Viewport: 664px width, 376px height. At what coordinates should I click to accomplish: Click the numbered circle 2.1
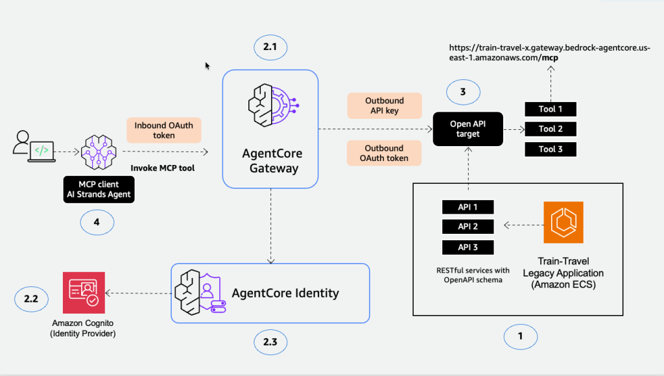point(269,47)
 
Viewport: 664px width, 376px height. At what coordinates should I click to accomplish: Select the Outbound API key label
point(385,105)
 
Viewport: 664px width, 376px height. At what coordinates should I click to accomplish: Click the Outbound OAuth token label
point(385,153)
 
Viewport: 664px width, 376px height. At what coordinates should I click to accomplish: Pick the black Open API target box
point(465,129)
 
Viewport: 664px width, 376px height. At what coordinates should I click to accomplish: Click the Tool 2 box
point(551,129)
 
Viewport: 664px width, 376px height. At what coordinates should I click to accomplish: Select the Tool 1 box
point(551,109)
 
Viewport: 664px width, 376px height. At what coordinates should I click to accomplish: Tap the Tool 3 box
point(551,149)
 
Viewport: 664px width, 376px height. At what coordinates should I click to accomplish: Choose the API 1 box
point(468,207)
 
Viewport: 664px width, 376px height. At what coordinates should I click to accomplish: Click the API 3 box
point(468,247)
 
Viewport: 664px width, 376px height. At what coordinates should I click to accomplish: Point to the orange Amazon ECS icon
point(563,221)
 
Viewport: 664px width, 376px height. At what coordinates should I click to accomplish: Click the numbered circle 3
point(462,92)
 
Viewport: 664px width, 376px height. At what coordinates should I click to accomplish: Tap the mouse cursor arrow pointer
point(207,66)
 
